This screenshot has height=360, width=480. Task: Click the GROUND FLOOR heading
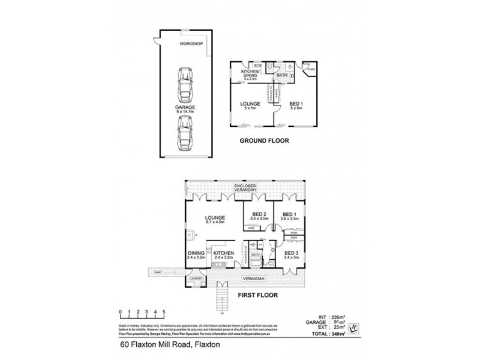[x=264, y=142]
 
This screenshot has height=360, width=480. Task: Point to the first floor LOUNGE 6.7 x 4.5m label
[x=214, y=220]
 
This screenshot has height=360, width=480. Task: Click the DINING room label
[x=197, y=254]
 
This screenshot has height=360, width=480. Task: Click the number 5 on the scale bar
[x=164, y=312]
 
